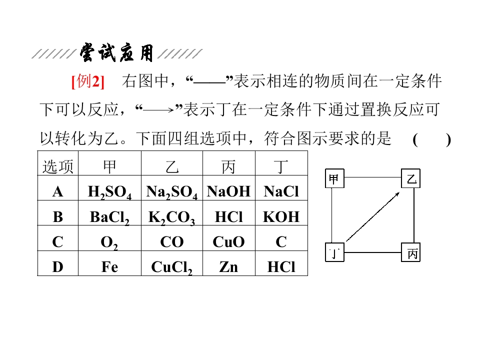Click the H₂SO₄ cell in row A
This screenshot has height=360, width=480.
point(109,192)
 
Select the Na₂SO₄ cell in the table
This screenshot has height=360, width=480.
point(172,192)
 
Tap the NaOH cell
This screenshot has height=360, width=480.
point(228,191)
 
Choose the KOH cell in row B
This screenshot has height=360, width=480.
point(281,216)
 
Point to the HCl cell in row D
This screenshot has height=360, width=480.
point(281,266)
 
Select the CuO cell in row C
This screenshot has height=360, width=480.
point(228,242)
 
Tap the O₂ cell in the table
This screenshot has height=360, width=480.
point(109,242)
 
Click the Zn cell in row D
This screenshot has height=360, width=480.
point(228,266)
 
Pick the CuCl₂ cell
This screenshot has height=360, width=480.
point(171,267)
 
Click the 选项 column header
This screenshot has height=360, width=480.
point(58,167)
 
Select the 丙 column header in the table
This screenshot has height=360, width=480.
point(228,167)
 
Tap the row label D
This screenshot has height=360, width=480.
point(57,266)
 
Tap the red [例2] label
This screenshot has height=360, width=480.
point(88,81)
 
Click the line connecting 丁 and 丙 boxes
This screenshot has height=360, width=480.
point(373,252)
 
